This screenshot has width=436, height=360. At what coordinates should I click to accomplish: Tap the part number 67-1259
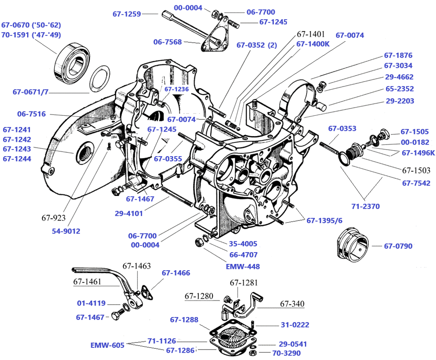click(x=126, y=14)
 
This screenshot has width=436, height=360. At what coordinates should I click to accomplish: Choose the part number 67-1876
click(x=398, y=55)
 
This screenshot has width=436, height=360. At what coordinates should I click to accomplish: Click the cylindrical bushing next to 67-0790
click(x=352, y=243)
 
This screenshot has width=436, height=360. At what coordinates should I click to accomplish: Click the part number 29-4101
click(x=129, y=213)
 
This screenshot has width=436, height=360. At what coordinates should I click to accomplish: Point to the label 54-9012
click(x=66, y=231)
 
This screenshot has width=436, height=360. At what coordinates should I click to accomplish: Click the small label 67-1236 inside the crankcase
click(x=176, y=89)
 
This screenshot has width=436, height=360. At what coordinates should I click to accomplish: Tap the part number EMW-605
click(x=107, y=345)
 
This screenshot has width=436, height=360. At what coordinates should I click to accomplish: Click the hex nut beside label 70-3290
click(x=253, y=353)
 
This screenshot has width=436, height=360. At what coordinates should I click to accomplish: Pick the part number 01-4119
click(x=91, y=303)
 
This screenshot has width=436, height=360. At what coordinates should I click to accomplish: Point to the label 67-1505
click(x=415, y=132)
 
